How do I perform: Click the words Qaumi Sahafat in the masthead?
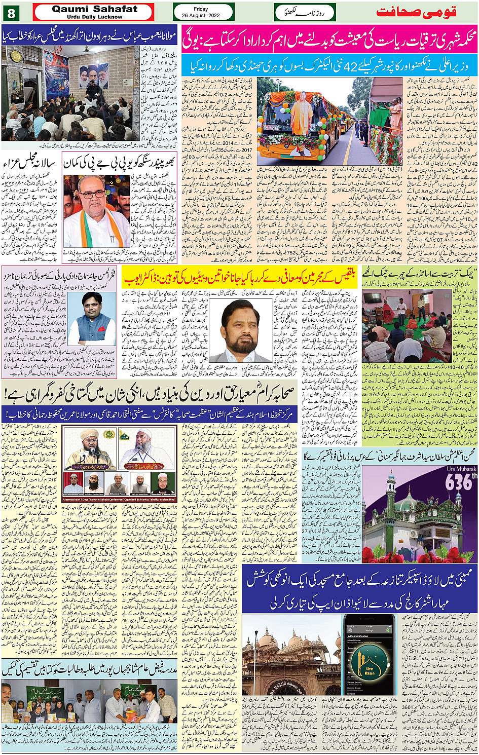tap(94, 9)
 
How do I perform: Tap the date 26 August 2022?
tap(201, 15)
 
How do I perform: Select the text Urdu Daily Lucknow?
tap(94, 17)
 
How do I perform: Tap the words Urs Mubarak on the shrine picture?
tap(461, 469)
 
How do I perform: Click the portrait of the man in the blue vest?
tap(91, 318)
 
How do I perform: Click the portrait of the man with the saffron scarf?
tap(96, 210)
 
